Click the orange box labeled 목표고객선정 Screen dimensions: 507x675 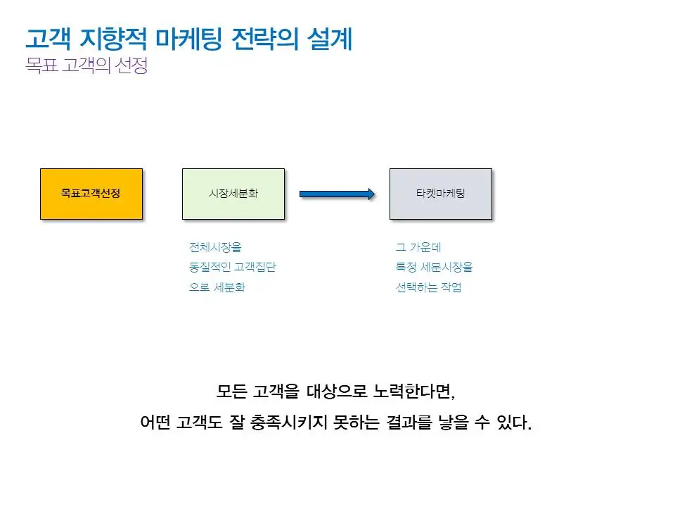click(x=91, y=194)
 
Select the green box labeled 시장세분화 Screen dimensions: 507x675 click(x=233, y=194)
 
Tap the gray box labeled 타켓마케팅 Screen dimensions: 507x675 click(x=441, y=194)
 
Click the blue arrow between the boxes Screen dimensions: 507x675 click(x=337, y=194)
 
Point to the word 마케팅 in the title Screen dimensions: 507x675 click(x=186, y=39)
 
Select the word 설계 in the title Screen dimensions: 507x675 click(x=330, y=39)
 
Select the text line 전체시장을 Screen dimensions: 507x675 click(x=214, y=247)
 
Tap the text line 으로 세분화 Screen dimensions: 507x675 click(x=217, y=288)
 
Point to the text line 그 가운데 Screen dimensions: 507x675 click(x=418, y=247)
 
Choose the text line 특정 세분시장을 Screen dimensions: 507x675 click(x=434, y=268)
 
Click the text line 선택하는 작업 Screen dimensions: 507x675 click(x=428, y=288)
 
